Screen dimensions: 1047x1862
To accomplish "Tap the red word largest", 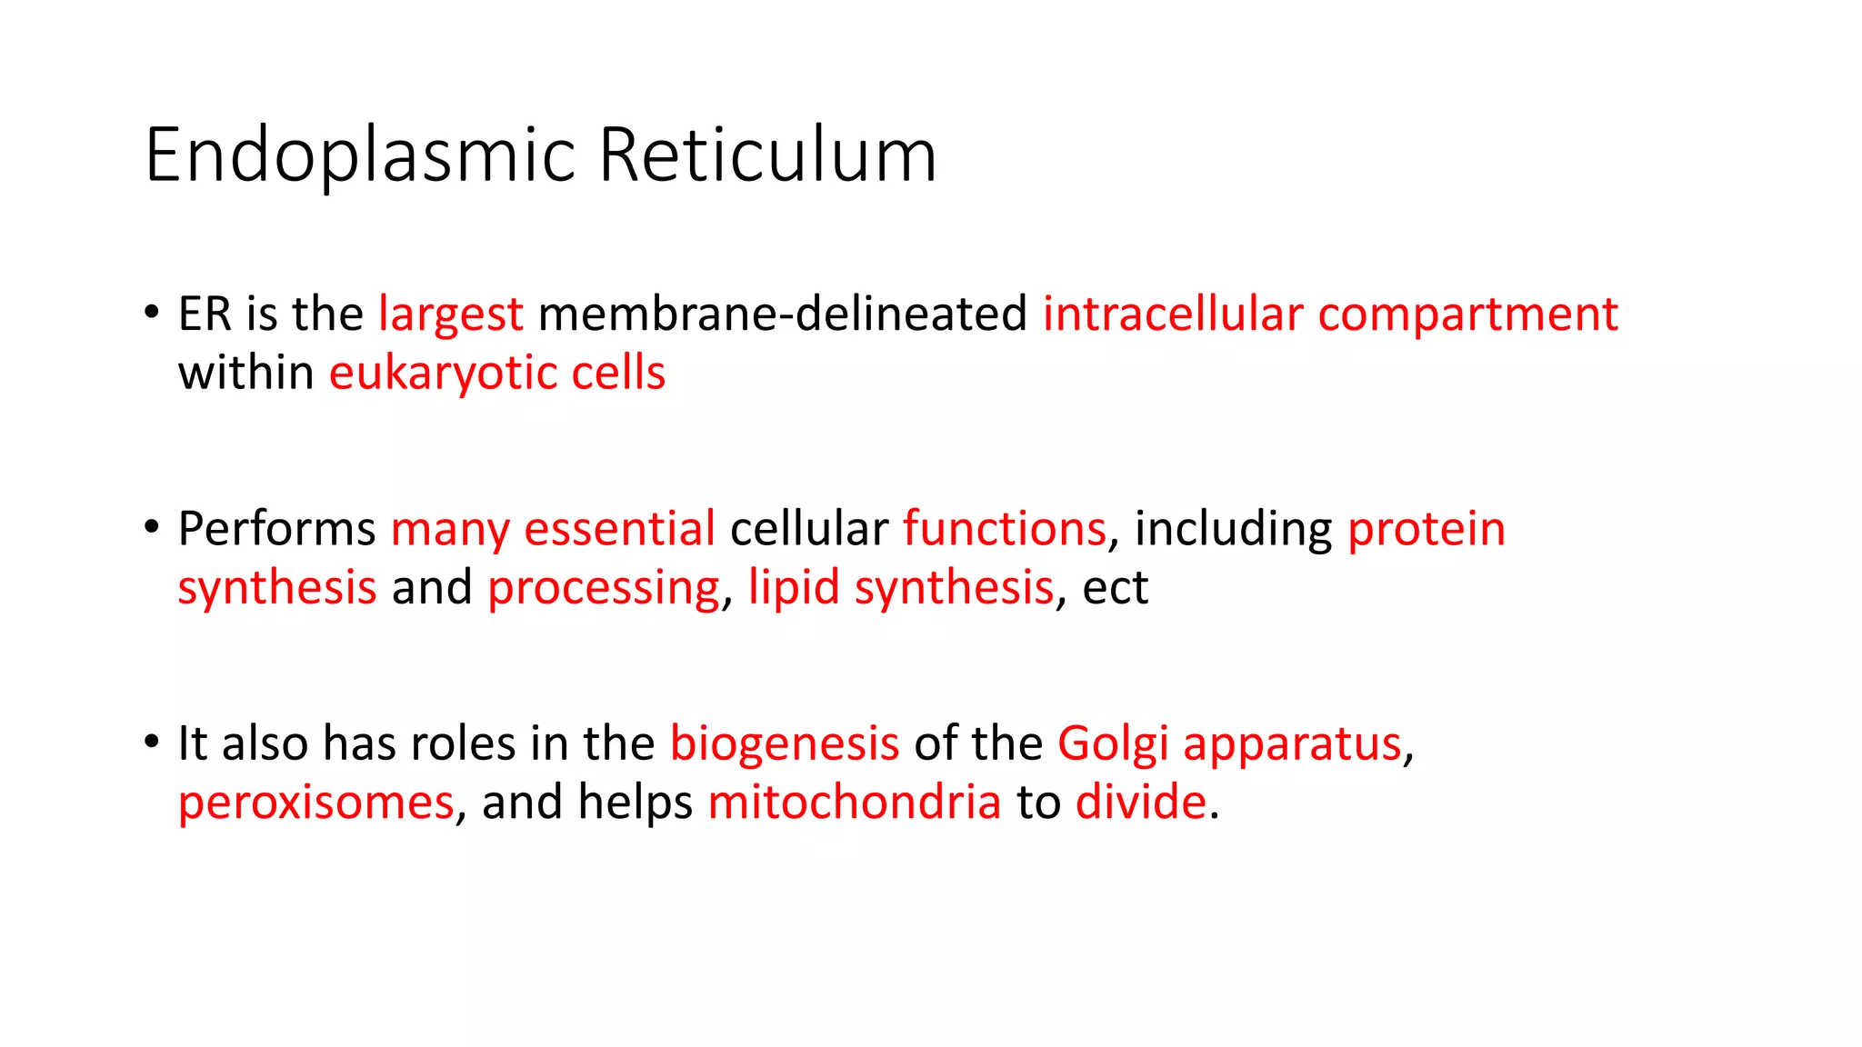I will [450, 314].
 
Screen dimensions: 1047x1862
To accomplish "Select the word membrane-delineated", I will [782, 314].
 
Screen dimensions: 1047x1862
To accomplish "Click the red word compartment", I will [1467, 314].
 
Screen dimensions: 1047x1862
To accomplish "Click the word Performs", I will [276, 529].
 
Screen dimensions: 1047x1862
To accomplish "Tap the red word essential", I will [619, 529].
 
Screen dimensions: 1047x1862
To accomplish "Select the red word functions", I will [1004, 529].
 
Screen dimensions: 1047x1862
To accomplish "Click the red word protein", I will [1426, 529].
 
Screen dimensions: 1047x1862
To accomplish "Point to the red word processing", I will [603, 588].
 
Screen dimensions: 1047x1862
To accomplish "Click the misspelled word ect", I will [1115, 588].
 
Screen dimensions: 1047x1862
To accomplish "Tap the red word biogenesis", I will [784, 744].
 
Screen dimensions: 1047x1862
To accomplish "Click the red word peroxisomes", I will [315, 803].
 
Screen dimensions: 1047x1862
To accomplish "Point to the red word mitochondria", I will [854, 803].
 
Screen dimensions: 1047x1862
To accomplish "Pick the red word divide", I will [1140, 803].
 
